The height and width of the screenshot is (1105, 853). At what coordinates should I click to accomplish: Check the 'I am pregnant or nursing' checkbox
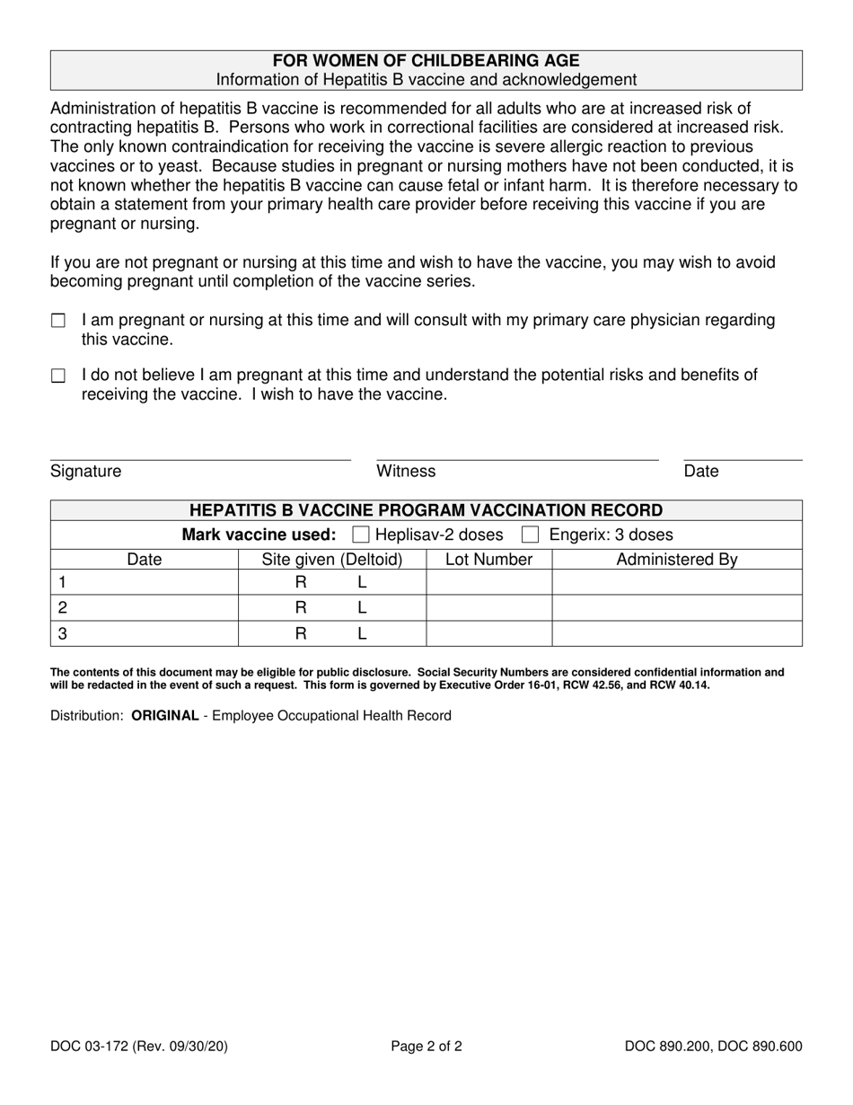point(58,321)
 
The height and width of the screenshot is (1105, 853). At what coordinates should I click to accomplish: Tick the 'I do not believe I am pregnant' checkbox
point(58,376)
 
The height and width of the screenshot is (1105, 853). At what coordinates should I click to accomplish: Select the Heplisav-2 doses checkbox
point(361,535)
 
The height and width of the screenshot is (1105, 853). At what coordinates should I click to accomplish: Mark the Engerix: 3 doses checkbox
point(531,535)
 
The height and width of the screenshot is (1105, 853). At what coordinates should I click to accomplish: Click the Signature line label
point(86,472)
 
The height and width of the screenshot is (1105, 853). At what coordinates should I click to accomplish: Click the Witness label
point(406,472)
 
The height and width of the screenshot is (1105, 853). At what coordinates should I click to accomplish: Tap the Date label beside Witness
point(701,472)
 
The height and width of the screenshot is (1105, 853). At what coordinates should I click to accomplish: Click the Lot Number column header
point(488,560)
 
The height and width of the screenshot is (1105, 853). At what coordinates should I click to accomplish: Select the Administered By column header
point(676,560)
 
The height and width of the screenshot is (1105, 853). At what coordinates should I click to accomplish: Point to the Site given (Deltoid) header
point(331,560)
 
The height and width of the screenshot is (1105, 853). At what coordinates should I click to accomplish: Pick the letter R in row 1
point(301,582)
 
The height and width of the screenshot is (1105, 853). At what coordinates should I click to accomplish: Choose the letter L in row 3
point(362,634)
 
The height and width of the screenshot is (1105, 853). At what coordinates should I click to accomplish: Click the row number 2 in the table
point(63,608)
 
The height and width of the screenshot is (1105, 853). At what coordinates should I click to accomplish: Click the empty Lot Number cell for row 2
point(488,608)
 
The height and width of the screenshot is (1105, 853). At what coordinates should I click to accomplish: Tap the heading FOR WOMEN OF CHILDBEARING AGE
point(426,61)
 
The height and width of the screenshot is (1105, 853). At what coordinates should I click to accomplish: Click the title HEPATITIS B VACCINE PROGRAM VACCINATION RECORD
point(426,511)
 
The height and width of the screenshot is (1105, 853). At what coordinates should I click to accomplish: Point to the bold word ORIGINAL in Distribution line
point(164,716)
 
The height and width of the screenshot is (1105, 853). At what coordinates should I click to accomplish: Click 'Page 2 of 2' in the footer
point(426,1046)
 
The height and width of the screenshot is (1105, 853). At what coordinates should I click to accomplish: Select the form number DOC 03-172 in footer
point(92,1046)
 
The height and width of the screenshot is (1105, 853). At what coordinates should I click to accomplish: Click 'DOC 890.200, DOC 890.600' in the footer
point(714,1046)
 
